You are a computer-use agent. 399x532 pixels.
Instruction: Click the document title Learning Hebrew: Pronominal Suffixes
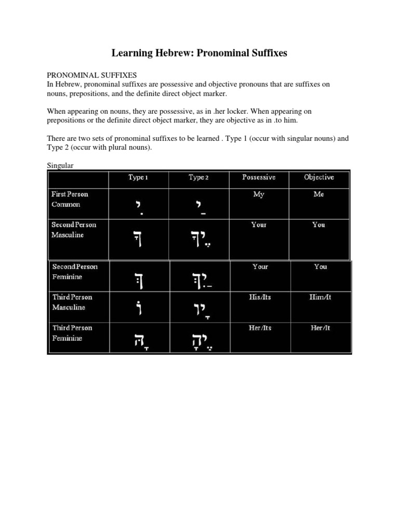click(x=199, y=54)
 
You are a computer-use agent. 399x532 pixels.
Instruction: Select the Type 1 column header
click(x=138, y=178)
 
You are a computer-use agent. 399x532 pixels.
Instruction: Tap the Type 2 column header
click(x=198, y=178)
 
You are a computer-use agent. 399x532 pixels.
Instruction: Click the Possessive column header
click(x=259, y=178)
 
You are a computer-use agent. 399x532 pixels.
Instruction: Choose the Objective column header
click(x=319, y=178)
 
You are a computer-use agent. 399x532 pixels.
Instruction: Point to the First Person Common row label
click(x=70, y=199)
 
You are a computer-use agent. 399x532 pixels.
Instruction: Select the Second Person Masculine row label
click(x=73, y=230)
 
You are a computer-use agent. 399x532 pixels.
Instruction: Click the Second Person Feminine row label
click(x=74, y=272)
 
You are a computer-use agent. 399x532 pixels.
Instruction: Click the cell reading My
click(x=259, y=194)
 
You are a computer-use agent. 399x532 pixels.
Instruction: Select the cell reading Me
click(x=319, y=194)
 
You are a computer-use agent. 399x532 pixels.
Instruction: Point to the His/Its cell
click(x=260, y=298)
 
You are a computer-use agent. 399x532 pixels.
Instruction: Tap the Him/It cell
click(x=320, y=298)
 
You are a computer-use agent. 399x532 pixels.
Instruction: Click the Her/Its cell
click(x=260, y=328)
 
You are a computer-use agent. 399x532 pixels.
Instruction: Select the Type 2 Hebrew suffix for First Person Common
click(x=198, y=207)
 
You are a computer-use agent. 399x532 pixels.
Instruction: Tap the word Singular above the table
click(x=61, y=165)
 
